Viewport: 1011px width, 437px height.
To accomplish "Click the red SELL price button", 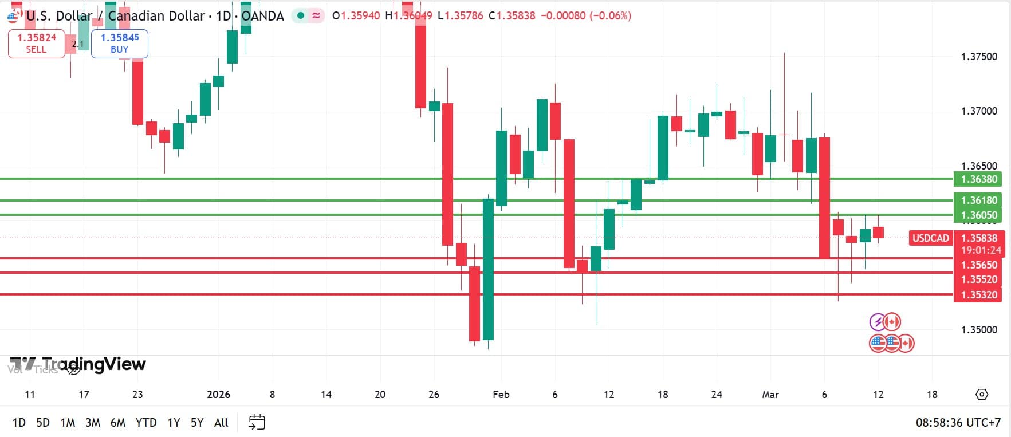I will click(x=36, y=44).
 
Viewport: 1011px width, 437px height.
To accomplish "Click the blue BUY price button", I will click(x=119, y=44).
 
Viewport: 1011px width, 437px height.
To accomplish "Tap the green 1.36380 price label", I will click(x=978, y=179).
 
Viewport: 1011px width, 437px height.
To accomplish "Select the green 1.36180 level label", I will click(x=978, y=200).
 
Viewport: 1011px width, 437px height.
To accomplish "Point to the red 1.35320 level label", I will click(x=978, y=295).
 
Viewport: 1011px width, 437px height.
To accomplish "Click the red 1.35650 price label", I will click(x=978, y=265).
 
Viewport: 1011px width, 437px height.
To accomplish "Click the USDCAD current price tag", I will click(x=930, y=238).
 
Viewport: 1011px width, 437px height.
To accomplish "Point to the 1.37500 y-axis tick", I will click(x=978, y=57).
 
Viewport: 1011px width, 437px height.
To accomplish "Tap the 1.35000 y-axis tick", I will click(x=978, y=330).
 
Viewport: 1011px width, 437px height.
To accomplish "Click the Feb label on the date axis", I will click(x=501, y=395).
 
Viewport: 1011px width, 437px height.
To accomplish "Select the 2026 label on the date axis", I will click(x=218, y=395).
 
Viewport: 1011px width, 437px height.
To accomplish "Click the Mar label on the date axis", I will click(x=770, y=395).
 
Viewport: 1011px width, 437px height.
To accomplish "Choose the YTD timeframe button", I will click(x=146, y=423).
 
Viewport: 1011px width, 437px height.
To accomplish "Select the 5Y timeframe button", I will click(x=197, y=423).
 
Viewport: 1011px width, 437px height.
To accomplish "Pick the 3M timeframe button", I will click(x=93, y=423).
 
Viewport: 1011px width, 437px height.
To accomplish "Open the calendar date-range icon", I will click(x=257, y=423).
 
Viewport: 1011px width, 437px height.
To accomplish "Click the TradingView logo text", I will click(x=94, y=364).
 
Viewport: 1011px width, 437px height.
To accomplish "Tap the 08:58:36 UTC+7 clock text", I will click(x=958, y=423).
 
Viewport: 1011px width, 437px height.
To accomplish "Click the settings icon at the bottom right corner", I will click(x=982, y=395).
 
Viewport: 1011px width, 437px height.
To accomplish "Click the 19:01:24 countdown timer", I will click(x=981, y=250).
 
